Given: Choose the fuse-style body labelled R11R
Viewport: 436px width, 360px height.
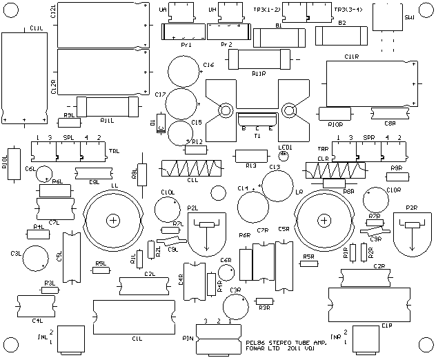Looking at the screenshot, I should (257, 60).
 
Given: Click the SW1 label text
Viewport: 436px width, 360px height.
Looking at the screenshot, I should (410, 17).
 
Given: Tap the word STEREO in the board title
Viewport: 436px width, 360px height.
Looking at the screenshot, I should (279, 341).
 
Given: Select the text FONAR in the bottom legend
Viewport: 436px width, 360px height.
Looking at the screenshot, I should (255, 348).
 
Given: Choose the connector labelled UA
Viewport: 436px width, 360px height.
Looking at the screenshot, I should (181, 12).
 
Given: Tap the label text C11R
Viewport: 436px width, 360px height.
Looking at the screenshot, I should (352, 57).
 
